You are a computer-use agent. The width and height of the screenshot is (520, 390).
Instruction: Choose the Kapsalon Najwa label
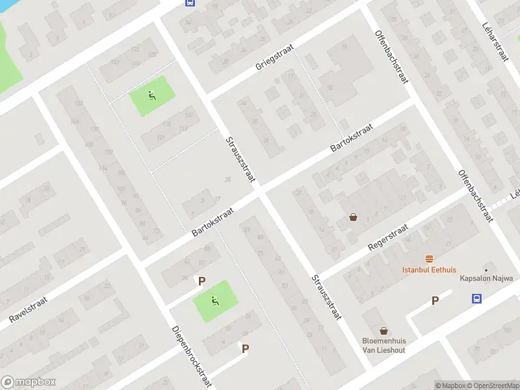point(486,278)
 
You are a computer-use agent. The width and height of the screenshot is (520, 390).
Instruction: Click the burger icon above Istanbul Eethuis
point(429,258)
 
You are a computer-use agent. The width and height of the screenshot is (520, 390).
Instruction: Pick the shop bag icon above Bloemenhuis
point(384,330)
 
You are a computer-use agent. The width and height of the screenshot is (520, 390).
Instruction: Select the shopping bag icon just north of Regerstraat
point(353,217)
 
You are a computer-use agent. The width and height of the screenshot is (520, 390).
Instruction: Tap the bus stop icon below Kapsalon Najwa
point(477,298)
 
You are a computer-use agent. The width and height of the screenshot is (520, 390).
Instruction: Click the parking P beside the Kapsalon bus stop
point(435,300)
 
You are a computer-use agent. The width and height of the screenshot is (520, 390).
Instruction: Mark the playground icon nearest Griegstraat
point(152,96)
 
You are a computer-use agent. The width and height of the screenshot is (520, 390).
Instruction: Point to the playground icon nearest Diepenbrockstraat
point(215,300)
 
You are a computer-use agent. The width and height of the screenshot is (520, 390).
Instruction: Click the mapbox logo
point(29,382)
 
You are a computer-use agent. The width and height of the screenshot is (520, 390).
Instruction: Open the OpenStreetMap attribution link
point(493,385)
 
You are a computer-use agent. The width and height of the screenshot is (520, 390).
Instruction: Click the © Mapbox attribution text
point(449,385)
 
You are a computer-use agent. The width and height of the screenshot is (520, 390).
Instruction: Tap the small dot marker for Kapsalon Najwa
point(486,269)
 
